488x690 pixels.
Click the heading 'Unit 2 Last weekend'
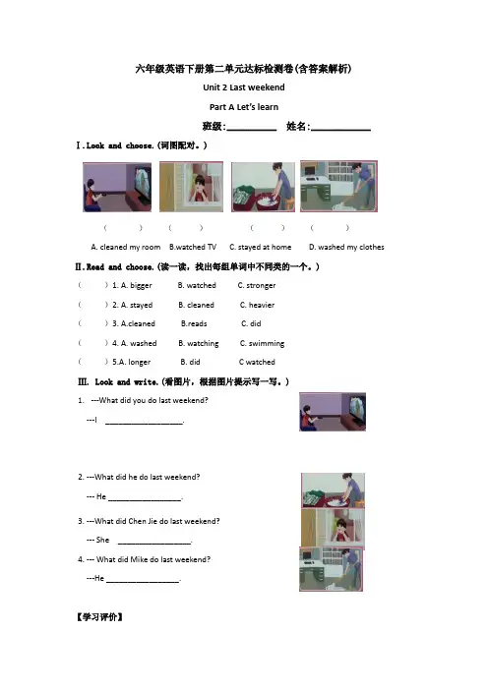(244, 87)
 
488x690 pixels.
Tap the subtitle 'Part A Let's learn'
(244, 107)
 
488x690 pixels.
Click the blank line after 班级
(252, 131)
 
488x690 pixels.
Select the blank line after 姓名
(340, 131)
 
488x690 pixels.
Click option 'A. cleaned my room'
(126, 247)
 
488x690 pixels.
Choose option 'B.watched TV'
(193, 247)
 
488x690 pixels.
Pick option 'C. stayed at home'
(261, 247)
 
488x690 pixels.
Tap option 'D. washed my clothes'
(346, 247)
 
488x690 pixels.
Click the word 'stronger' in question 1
(261, 286)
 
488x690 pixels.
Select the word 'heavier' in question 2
(262, 305)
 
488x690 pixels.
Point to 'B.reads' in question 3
(194, 323)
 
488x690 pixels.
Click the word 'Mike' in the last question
(140, 559)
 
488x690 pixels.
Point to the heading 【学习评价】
(99, 617)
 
